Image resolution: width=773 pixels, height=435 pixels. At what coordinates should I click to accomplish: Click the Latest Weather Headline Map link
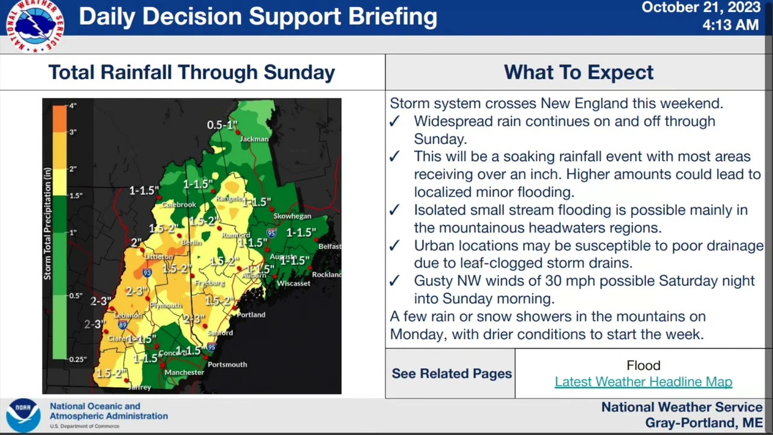coord(643,382)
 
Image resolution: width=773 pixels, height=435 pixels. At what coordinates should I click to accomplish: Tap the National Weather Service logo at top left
coord(34,25)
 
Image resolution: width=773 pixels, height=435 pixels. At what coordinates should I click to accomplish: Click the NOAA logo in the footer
coord(23,415)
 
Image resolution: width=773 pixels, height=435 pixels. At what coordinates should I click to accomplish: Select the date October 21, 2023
coord(701,8)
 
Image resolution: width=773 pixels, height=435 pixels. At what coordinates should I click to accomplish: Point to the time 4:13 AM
coord(730,25)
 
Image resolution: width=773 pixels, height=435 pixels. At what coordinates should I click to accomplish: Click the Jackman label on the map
coord(254,139)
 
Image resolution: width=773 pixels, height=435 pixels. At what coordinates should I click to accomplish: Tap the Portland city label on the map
coord(251,315)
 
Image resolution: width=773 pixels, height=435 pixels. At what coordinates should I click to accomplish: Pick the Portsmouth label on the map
coord(227,364)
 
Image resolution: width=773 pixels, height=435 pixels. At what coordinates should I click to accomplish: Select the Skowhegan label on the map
coord(292,216)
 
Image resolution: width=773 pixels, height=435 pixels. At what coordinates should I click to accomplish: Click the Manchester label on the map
coord(184,373)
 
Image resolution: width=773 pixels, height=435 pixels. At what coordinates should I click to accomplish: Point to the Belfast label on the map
coord(330,246)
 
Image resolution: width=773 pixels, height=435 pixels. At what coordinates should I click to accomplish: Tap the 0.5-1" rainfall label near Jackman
coord(222,125)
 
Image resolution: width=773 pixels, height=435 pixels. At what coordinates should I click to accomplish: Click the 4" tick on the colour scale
coord(72,106)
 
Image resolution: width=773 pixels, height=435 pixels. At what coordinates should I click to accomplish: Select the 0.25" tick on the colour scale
coord(77,359)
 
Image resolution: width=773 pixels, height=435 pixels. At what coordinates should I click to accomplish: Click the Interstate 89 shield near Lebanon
coord(123,325)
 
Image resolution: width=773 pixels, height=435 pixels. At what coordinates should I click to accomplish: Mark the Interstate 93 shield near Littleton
coord(147,273)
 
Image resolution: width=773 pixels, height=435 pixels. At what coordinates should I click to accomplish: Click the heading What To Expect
coord(578,72)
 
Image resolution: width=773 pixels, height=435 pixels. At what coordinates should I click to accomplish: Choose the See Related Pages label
coord(451,373)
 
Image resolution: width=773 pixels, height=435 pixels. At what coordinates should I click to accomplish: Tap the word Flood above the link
coord(643,366)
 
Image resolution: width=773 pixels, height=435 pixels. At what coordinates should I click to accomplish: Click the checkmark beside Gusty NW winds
coord(394,282)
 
